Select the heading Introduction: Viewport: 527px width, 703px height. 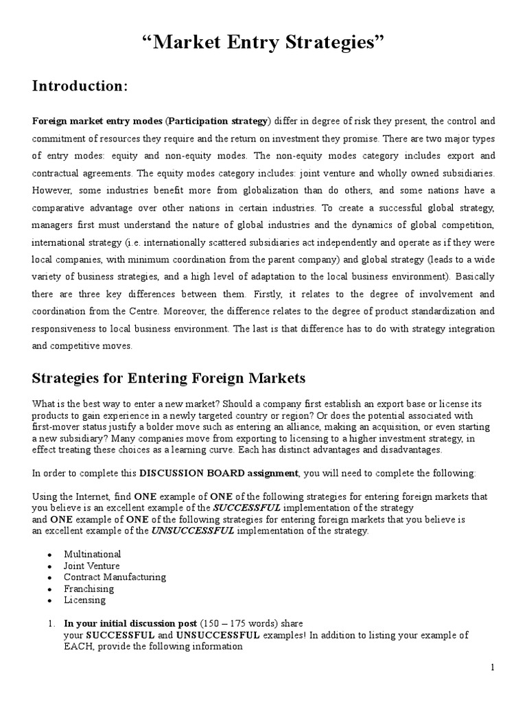pos(80,87)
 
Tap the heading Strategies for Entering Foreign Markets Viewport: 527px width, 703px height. pos(169,378)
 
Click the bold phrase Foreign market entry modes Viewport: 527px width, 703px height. pos(97,121)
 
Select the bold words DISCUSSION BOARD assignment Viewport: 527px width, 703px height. pos(219,473)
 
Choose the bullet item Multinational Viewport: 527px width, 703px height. pos(92,553)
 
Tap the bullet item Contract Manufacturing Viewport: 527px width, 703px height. pos(115,577)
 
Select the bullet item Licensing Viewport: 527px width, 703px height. pos(84,599)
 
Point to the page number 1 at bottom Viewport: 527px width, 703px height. pos(492,667)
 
